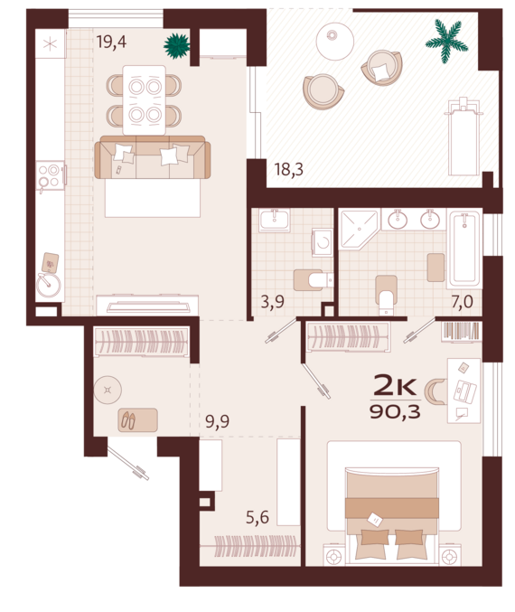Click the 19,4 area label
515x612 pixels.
[112, 42]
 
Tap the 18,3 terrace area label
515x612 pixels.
[289, 170]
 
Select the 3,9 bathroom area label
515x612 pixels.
[272, 302]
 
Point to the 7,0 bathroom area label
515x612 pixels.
[463, 302]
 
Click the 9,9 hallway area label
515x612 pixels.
[218, 421]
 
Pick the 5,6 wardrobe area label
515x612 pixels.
[257, 518]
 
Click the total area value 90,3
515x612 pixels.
[395, 412]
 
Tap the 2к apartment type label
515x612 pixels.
[395, 385]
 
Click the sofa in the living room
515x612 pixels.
[153, 157]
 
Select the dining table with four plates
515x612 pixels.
[145, 100]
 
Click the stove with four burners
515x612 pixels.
[51, 175]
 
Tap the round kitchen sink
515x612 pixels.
[49, 285]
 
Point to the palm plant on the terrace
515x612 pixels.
[446, 41]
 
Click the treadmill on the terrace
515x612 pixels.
[463, 137]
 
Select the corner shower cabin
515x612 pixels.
[359, 230]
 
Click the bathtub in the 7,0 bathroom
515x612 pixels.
[464, 249]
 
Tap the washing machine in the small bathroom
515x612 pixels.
[323, 242]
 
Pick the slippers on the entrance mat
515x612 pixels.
[128, 420]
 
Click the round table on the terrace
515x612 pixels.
[334, 41]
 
